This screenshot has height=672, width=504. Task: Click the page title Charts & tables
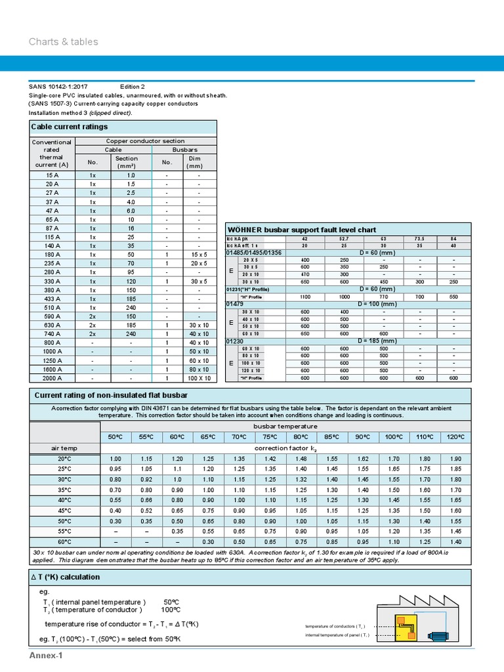click(x=63, y=42)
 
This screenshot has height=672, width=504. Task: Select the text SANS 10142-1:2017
click(x=58, y=87)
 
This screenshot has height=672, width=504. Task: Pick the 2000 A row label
click(x=52, y=378)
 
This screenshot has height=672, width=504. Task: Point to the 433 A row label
click(x=52, y=298)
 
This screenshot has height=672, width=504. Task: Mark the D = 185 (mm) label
click(x=379, y=341)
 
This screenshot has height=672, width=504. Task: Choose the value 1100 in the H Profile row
click(x=304, y=297)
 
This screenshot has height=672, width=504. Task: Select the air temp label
click(x=64, y=448)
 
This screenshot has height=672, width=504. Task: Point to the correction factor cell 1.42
click(x=269, y=459)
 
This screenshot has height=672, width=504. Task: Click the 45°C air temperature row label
click(x=64, y=511)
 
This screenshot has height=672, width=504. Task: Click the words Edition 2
click(x=133, y=87)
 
